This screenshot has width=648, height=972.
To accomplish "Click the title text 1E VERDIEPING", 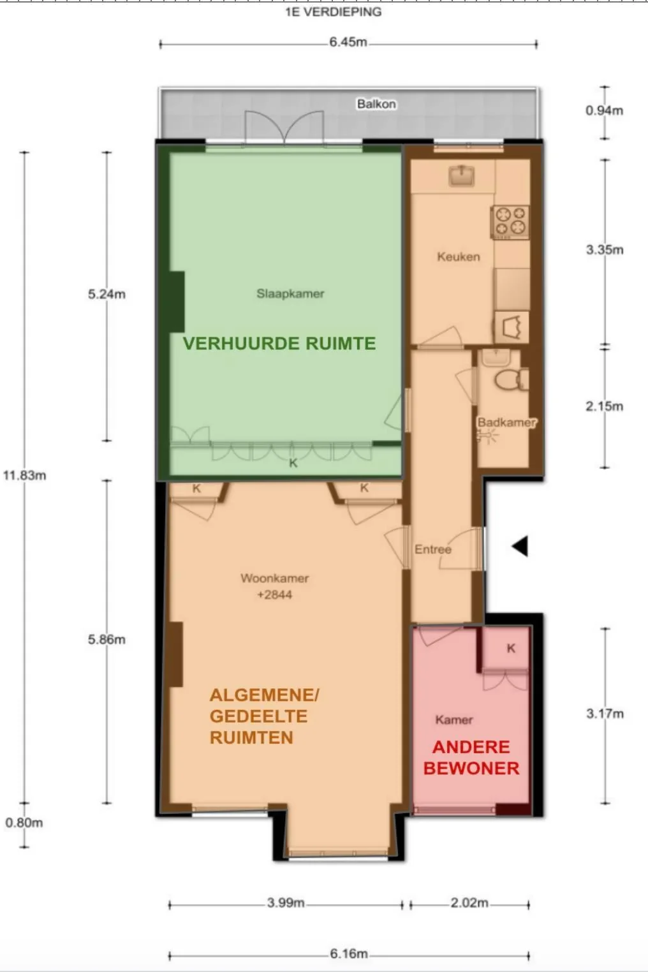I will click(x=333, y=11).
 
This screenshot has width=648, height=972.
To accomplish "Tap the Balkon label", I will click(x=376, y=104).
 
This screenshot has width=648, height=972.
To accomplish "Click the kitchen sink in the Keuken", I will click(x=461, y=174).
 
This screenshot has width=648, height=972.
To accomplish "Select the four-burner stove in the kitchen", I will click(x=510, y=221).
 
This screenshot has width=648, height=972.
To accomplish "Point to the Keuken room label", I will click(x=458, y=257).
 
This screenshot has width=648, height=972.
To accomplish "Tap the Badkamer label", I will click(x=506, y=422).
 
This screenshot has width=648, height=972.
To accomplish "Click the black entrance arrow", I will click(x=520, y=546).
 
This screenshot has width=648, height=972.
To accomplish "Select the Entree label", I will click(x=432, y=549).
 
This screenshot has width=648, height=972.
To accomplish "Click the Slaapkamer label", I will click(x=290, y=294).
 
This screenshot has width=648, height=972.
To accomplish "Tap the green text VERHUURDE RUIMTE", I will click(x=279, y=343).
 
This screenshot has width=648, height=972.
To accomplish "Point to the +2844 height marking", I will click(x=274, y=595).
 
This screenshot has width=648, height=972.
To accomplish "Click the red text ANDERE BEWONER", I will click(x=471, y=758).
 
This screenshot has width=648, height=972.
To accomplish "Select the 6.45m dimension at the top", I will click(x=348, y=43).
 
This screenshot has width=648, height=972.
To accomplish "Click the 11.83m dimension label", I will click(x=24, y=475).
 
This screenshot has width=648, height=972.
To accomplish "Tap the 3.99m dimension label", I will click(x=286, y=903).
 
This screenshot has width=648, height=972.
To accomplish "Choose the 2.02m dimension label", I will click(x=469, y=903).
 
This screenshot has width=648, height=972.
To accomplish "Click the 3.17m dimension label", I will click(x=605, y=714).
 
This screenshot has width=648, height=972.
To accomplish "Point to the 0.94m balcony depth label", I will click(x=604, y=110).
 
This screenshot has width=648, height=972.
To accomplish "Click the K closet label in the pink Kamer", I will click(x=511, y=649).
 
